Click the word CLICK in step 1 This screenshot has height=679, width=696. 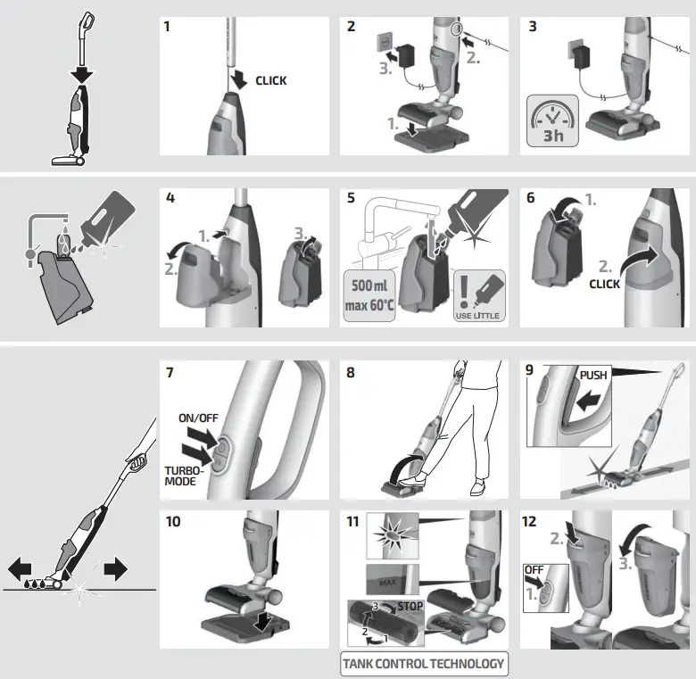pyautogui.click(x=271, y=80)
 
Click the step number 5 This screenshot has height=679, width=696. pyautogui.click(x=352, y=197)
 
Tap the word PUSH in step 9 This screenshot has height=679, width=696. pyautogui.click(x=593, y=376)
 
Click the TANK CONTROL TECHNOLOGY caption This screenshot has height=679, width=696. pyautogui.click(x=424, y=663)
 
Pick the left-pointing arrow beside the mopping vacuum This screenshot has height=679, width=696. pyautogui.click(x=21, y=568)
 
